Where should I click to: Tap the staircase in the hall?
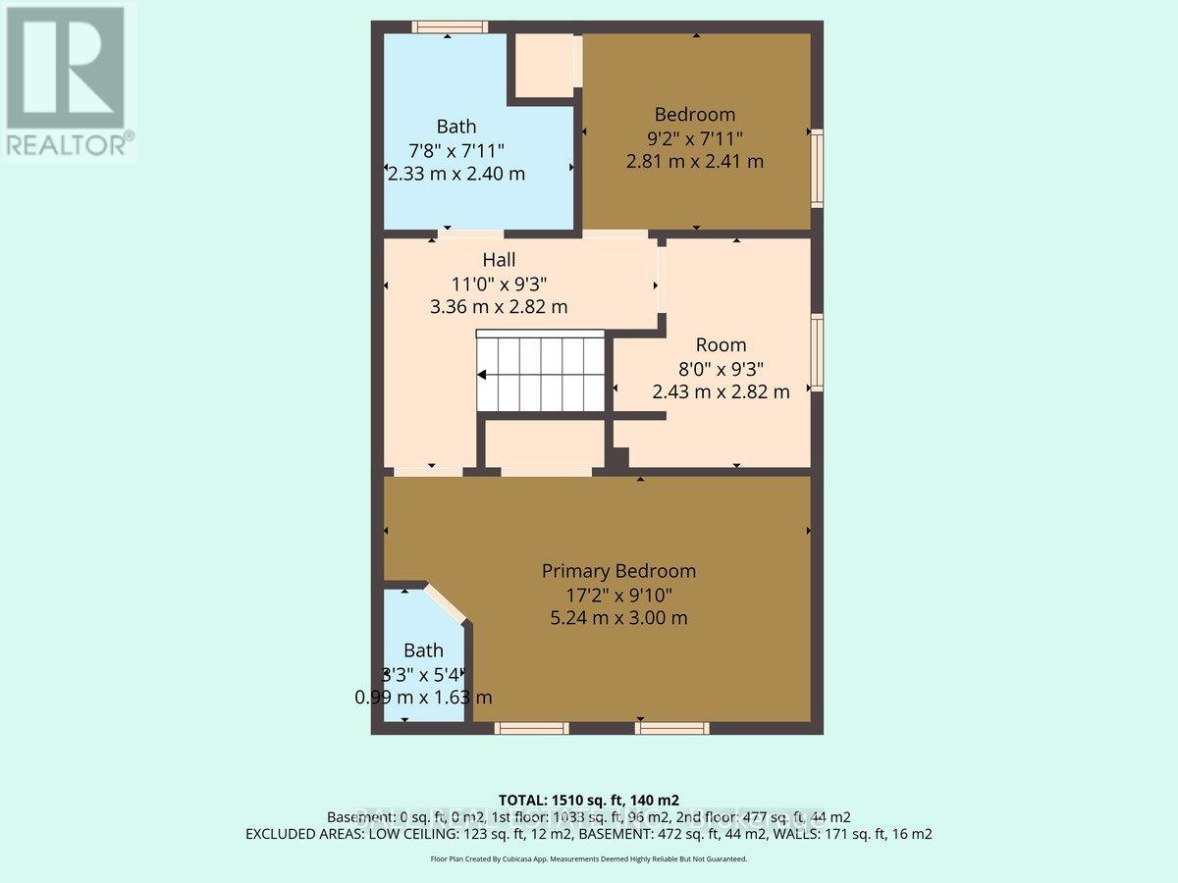tap(541, 373)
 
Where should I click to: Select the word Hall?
tap(499, 261)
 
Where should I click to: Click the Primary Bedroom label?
tap(618, 571)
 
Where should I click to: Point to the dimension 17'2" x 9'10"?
tap(618, 595)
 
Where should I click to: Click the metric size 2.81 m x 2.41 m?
tap(695, 161)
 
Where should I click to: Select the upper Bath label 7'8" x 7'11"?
tap(456, 150)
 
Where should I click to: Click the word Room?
tap(721, 344)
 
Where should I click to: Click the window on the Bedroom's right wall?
tap(817, 167)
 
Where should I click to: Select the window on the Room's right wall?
tap(817, 352)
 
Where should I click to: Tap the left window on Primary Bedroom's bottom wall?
tap(531, 728)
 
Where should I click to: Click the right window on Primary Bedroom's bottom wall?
tap(671, 728)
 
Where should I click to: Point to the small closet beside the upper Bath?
tap(544, 66)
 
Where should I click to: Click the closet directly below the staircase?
tap(545, 443)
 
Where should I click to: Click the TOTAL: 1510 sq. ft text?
tap(589, 800)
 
